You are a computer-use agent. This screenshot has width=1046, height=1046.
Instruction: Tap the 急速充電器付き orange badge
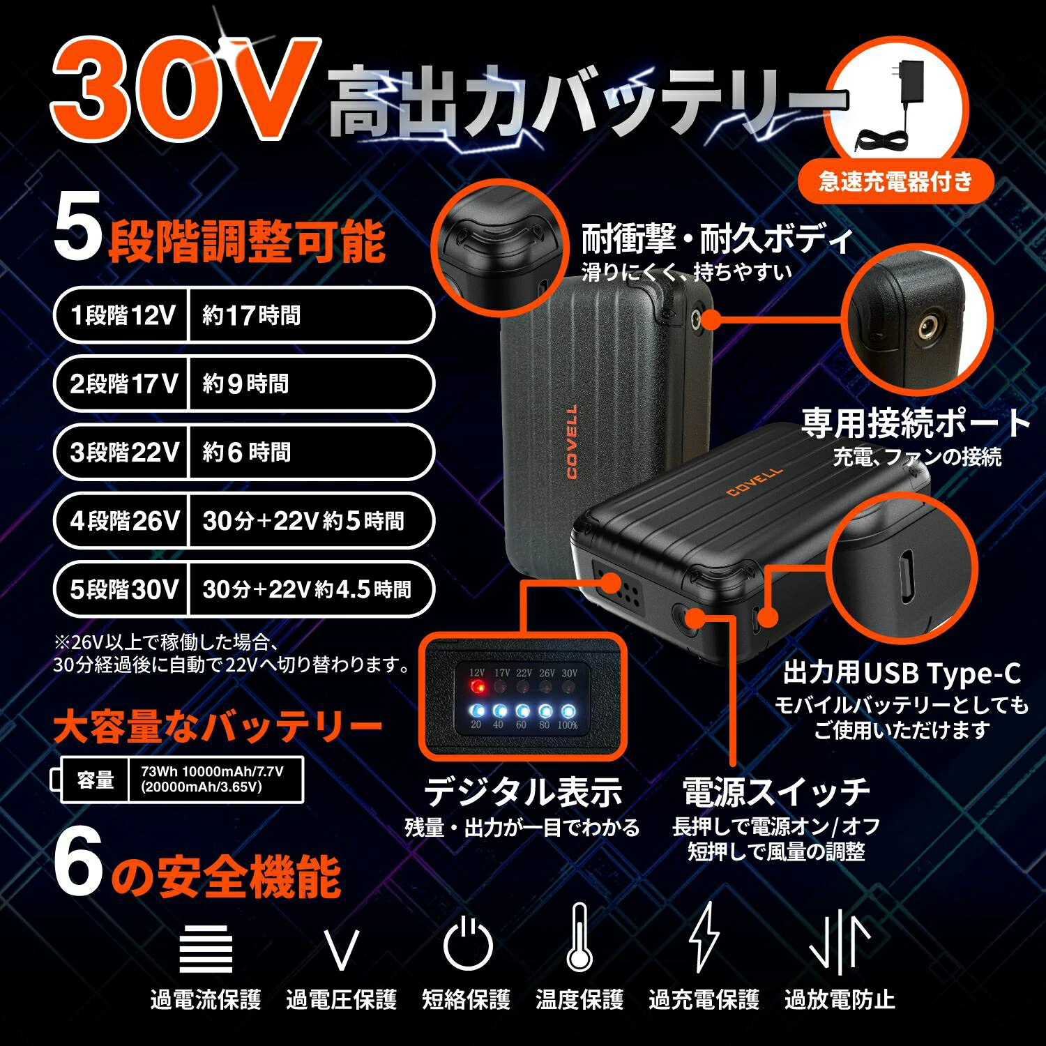pyautogui.click(x=895, y=182)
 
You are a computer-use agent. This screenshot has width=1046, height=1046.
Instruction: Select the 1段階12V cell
pyautogui.click(x=123, y=315)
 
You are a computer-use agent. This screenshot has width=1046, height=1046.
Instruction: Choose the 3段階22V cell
pyautogui.click(x=123, y=452)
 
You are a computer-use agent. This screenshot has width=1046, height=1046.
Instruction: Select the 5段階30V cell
pyautogui.click(x=123, y=589)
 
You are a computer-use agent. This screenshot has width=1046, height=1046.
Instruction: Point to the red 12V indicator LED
pyautogui.click(x=478, y=688)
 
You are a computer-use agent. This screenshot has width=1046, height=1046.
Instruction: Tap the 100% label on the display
pyautogui.click(x=568, y=725)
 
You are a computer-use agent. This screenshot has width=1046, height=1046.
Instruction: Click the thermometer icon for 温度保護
pyautogui.click(x=579, y=937)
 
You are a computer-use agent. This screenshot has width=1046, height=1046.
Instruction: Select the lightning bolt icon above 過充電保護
pyautogui.click(x=704, y=937)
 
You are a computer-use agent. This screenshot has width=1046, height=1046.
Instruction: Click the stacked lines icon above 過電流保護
pyautogui.click(x=206, y=948)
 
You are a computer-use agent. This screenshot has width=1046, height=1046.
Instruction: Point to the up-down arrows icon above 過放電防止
pyautogui.click(x=840, y=941)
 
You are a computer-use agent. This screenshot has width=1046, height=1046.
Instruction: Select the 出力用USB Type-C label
pyautogui.click(x=902, y=674)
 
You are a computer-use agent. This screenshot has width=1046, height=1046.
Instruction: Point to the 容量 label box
pyautogui.click(x=96, y=780)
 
